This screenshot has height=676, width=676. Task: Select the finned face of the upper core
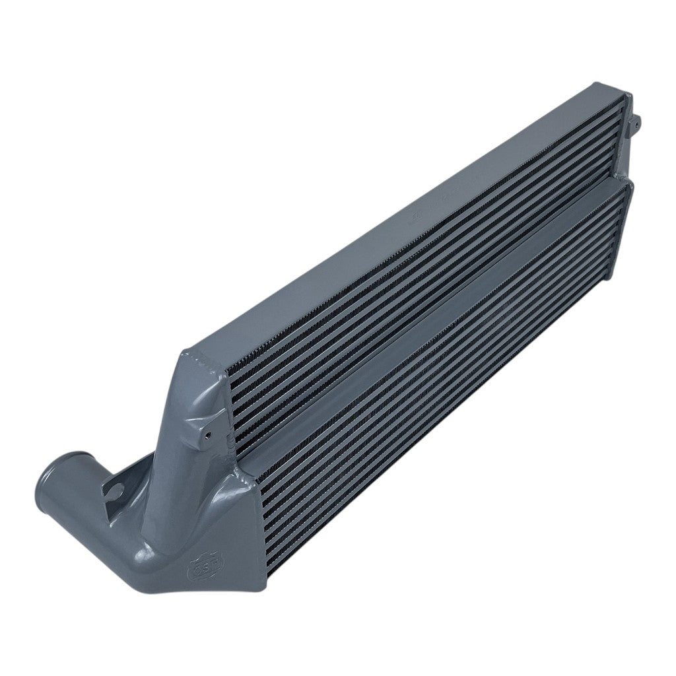pos(422,264)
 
